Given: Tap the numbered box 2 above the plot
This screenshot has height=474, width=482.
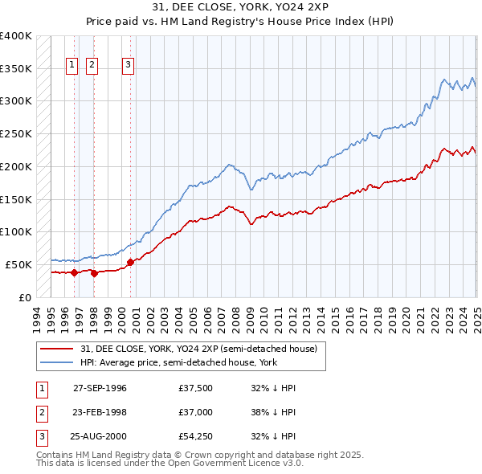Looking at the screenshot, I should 92,66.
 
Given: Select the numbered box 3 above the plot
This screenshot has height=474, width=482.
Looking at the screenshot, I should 129,66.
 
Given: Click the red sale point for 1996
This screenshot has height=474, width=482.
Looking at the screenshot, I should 74,272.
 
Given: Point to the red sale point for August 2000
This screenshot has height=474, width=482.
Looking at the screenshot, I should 130,261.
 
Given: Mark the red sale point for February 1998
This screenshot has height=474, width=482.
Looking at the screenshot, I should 94,273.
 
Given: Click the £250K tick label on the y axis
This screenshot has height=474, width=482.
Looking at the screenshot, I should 16,133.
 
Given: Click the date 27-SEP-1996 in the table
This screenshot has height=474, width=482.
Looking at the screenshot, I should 100,388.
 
